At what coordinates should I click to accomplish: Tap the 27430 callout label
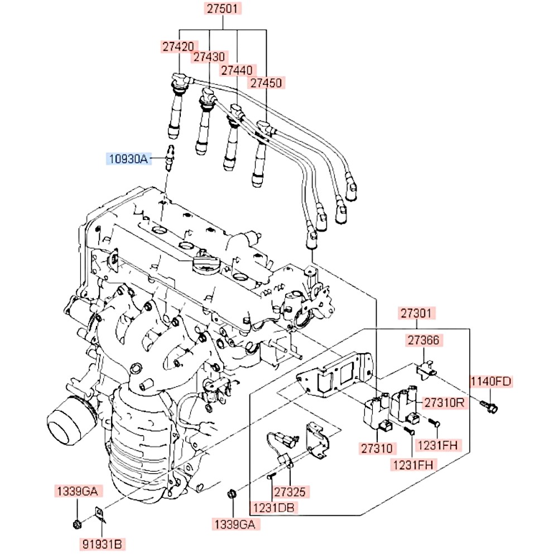pyautogui.click(x=210, y=57)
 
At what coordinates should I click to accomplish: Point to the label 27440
pyautogui.click(x=238, y=71)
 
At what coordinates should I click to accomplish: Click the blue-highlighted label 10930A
pyautogui.click(x=128, y=160)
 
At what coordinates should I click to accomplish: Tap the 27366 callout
pyautogui.click(x=422, y=340)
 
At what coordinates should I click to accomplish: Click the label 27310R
pyautogui.click(x=444, y=402)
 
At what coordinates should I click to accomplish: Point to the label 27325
pyautogui.click(x=290, y=492)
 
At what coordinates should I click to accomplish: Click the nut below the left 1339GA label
pyautogui.click(x=76, y=523)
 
